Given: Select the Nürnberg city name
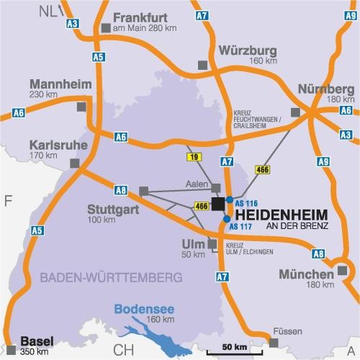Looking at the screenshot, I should [325, 89].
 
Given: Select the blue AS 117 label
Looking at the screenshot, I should [242, 228].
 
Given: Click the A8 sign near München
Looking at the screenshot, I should [318, 253].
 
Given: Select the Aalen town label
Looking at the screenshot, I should [196, 185].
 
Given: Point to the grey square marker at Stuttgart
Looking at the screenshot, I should [143, 191].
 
